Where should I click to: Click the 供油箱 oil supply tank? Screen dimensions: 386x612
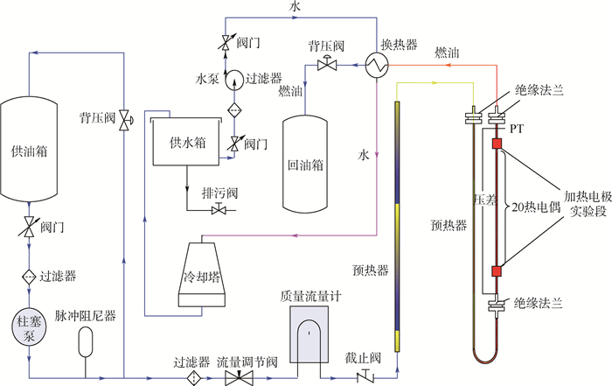[31, 151]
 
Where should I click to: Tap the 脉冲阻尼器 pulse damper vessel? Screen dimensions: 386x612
[85, 340]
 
